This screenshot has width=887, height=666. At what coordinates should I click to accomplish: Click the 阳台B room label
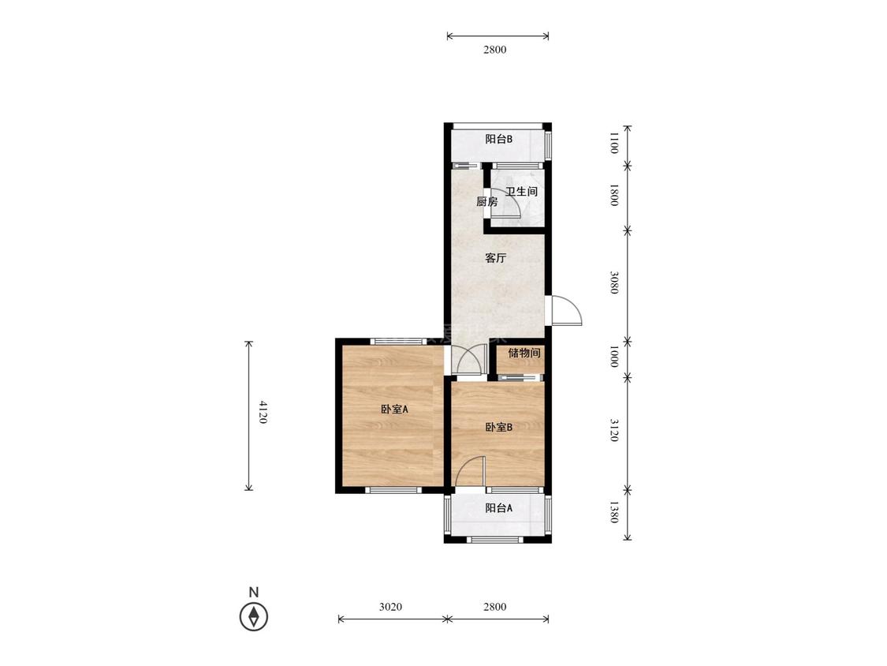tap(498, 139)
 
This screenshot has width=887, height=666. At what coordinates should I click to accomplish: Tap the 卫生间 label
tap(521, 192)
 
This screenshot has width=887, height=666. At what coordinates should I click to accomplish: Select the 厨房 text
tap(486, 201)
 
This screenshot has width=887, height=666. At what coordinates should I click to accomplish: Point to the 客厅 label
tap(496, 258)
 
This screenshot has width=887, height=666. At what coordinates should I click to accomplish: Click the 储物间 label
tap(524, 353)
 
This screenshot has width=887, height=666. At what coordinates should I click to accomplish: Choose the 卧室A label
tap(394, 409)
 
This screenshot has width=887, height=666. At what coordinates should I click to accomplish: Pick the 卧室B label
tap(499, 427)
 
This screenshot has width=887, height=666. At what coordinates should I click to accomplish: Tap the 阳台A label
tap(499, 508)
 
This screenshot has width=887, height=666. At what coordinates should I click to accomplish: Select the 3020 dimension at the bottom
tap(390, 607)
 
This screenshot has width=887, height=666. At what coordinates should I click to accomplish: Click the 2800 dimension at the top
tap(495, 49)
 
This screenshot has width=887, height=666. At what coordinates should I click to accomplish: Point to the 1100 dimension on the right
tap(613, 143)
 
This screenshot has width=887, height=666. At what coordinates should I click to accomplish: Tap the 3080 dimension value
tap(613, 282)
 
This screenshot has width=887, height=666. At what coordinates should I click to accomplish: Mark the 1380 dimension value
tap(613, 513)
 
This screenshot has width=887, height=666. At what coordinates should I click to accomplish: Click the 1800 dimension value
tap(613, 195)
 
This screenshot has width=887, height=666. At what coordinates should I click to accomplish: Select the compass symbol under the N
tap(254, 616)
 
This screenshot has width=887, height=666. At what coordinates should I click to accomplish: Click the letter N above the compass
tap(254, 593)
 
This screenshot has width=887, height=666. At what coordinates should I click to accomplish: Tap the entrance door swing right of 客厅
tap(566, 310)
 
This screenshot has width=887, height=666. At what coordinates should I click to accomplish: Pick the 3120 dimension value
tap(613, 430)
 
